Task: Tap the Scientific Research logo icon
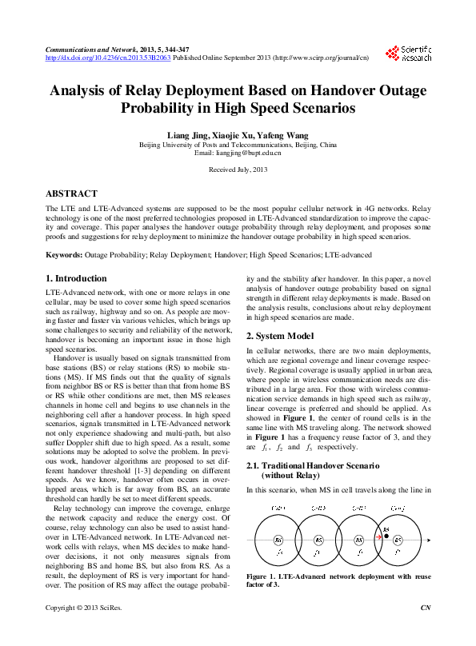pyautogui.click(x=392, y=54)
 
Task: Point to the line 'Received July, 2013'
pyautogui.click(x=238, y=170)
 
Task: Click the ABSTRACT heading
pyautogui.click(x=71, y=193)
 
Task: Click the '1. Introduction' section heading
pyautogui.click(x=76, y=278)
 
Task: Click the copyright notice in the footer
pyautogui.click(x=78, y=631)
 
